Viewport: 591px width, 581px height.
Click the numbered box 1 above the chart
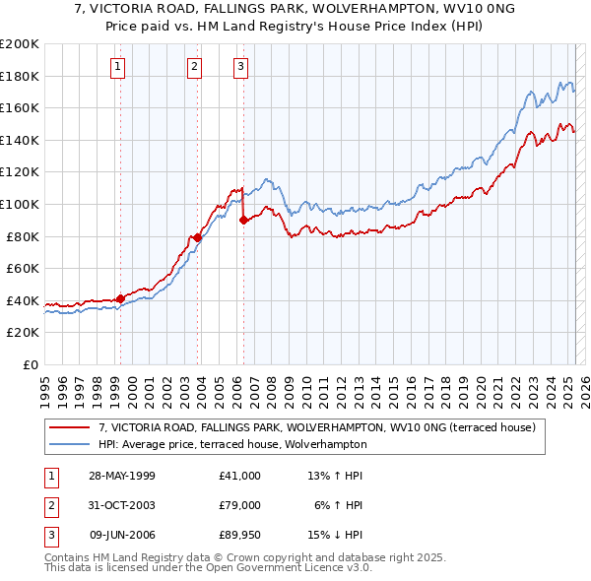(117, 67)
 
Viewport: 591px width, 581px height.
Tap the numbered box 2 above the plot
(194, 67)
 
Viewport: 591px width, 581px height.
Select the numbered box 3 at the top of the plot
(240, 67)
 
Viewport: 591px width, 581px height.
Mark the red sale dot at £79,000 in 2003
(198, 237)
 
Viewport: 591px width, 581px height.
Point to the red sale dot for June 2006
(243, 221)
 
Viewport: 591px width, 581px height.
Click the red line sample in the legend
(70, 428)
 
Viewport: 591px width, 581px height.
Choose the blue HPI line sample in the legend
(70, 444)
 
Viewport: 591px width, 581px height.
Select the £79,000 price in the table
(239, 504)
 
